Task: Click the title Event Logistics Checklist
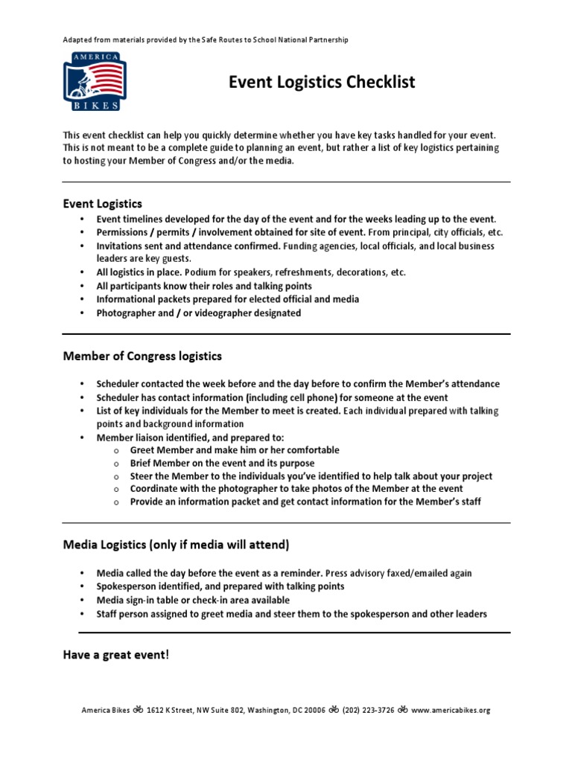[x=321, y=82]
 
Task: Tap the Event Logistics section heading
[x=102, y=203]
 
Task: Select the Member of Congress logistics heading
[x=142, y=356]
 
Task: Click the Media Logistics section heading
[x=176, y=545]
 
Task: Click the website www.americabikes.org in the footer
[x=451, y=710]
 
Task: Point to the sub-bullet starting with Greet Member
[x=234, y=450]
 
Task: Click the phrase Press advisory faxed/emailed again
[x=398, y=573]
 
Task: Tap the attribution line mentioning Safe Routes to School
[x=205, y=39]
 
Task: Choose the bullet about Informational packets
[x=227, y=299]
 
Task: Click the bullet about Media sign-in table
[x=193, y=600]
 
